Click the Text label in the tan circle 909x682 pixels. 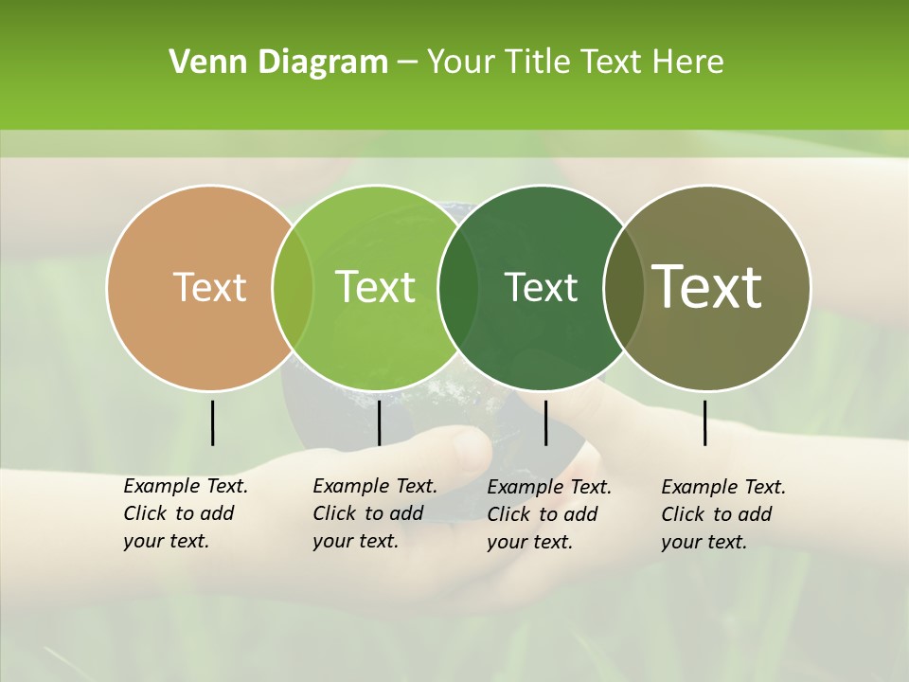[x=209, y=287]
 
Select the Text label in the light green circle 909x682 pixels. [x=375, y=287]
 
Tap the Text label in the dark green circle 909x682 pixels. [x=541, y=287]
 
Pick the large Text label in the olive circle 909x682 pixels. [x=707, y=287]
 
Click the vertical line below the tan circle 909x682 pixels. [x=213, y=422]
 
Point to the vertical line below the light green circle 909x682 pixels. [x=379, y=422]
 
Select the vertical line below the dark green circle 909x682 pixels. [x=545, y=422]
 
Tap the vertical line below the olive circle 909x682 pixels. [x=705, y=422]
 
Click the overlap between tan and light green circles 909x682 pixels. [x=293, y=288]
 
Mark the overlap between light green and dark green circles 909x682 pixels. [x=458, y=288]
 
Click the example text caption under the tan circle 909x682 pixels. [x=185, y=513]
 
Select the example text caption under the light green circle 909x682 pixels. [x=374, y=513]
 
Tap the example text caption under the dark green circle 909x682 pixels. [x=548, y=513]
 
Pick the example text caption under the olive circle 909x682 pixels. [x=722, y=513]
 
